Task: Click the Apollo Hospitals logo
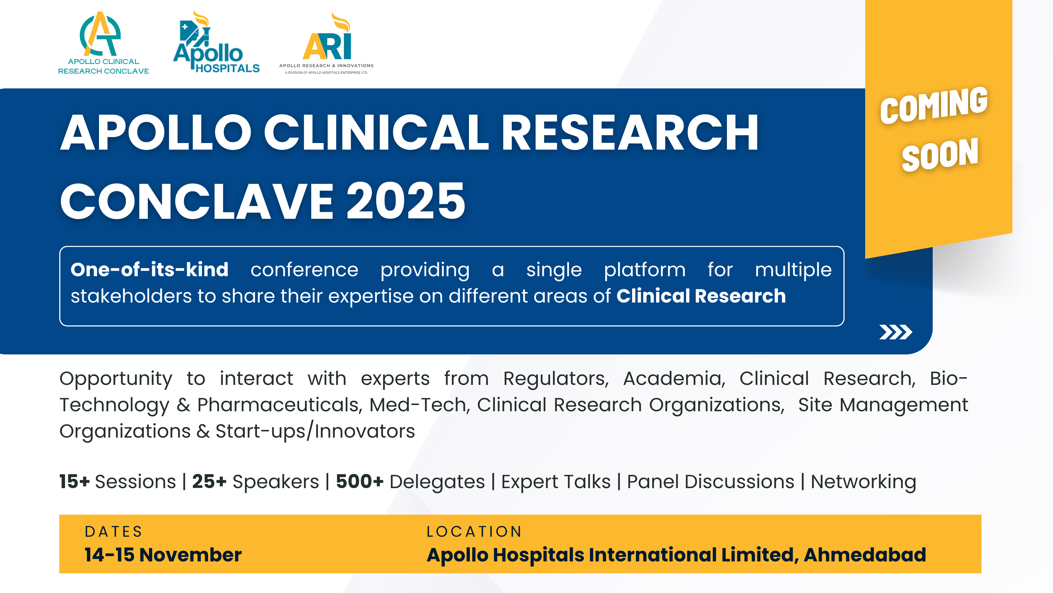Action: (x=216, y=42)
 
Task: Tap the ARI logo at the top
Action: (x=326, y=43)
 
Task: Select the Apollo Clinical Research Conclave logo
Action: (x=103, y=43)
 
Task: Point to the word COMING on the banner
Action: (x=934, y=106)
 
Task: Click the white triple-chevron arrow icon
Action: (x=896, y=332)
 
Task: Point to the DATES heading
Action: (x=114, y=531)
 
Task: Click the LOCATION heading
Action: (x=474, y=531)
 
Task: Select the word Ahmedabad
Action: (x=865, y=555)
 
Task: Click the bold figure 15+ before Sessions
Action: (x=74, y=481)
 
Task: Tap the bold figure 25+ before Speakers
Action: (x=209, y=481)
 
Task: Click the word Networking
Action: (x=863, y=482)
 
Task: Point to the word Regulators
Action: (x=556, y=379)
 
